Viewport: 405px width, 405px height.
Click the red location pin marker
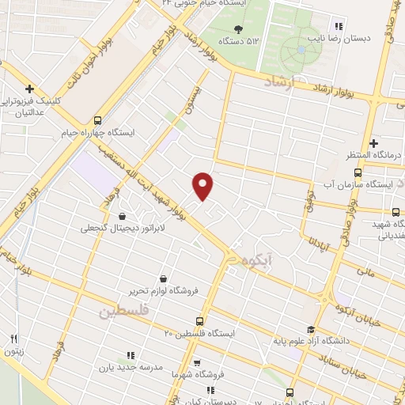(x=204, y=185)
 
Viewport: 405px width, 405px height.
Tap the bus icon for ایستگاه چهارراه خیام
(x=97, y=121)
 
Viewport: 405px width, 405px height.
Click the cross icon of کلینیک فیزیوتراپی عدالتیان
(x=29, y=89)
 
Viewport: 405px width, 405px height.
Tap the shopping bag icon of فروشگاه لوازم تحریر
(x=163, y=278)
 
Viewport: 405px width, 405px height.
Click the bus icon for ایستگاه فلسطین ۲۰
(x=199, y=322)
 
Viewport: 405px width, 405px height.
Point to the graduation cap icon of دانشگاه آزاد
(x=311, y=330)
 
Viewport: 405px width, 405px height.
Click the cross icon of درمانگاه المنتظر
(x=373, y=142)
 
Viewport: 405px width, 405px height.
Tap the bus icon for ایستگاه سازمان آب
(x=358, y=172)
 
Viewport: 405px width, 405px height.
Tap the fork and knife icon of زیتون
(x=14, y=340)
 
